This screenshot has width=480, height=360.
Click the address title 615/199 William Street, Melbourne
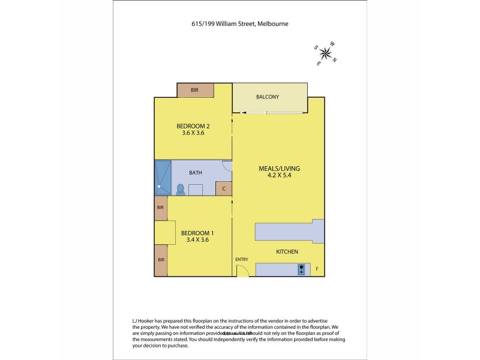pyautogui.click(x=239, y=24)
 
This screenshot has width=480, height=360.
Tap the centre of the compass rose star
pyautogui.click(x=325, y=53)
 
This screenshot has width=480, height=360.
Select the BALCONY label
pyautogui.click(x=267, y=97)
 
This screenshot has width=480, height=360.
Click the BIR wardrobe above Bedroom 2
pyautogui.click(x=195, y=90)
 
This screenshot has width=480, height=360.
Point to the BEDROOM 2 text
pyautogui.click(x=193, y=126)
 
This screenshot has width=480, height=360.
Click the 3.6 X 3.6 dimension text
pyautogui.click(x=193, y=133)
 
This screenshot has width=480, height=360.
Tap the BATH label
pyautogui.click(x=196, y=173)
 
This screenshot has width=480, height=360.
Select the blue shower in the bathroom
pyautogui.click(x=163, y=178)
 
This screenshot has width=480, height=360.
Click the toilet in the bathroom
pyautogui.click(x=180, y=189)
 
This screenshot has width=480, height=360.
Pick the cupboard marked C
pyautogui.click(x=224, y=189)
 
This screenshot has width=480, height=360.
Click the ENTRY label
pyautogui.click(x=241, y=259)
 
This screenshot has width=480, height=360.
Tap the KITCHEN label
pyautogui.click(x=287, y=252)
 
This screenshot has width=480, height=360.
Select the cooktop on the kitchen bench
pyautogui.click(x=301, y=269)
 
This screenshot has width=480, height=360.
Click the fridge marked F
pyautogui.click(x=317, y=269)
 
